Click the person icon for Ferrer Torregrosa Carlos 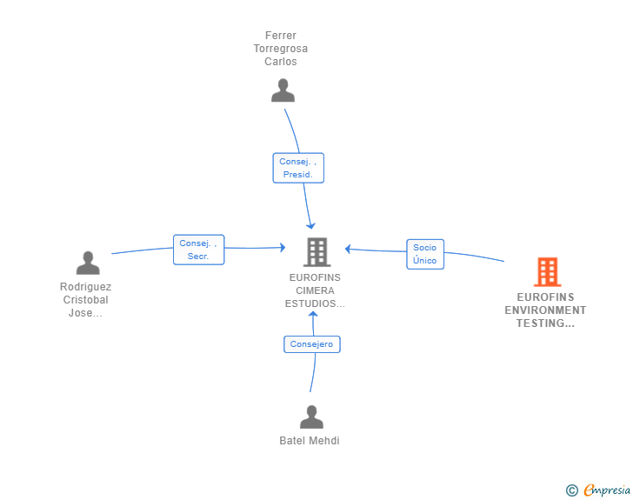[x=283, y=90]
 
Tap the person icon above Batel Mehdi [x=311, y=417]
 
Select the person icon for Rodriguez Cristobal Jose [x=88, y=263]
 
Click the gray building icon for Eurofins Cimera [x=316, y=252]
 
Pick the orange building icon [x=548, y=272]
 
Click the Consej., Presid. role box [x=298, y=168]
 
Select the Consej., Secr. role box [x=198, y=250]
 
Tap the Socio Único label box [x=425, y=254]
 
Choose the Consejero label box [x=312, y=344]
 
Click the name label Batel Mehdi [x=310, y=441]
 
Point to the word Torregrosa [x=281, y=49]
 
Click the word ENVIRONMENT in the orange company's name [x=545, y=310]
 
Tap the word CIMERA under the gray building [x=315, y=290]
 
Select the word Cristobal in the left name [x=85, y=300]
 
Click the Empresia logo [x=607, y=490]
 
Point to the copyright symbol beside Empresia [x=572, y=490]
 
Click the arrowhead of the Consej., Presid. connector [x=311, y=225]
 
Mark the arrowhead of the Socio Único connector [x=348, y=249]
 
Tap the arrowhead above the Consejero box [x=313, y=314]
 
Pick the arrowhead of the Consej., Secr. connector [x=283, y=247]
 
